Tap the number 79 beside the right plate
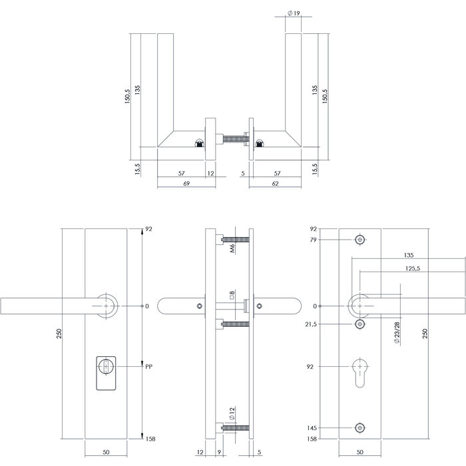point(313,240)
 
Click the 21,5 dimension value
point(310,324)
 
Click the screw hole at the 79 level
point(360,240)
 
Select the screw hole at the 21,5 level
point(360,324)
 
